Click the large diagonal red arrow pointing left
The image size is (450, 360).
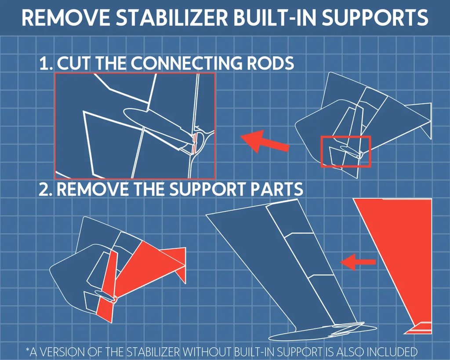tap(265, 141)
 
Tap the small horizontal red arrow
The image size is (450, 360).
tap(358, 262)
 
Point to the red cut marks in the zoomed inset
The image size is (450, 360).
tap(195, 143)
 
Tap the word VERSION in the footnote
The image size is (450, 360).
tap(64, 352)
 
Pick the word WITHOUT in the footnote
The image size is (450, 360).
tap(206, 352)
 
